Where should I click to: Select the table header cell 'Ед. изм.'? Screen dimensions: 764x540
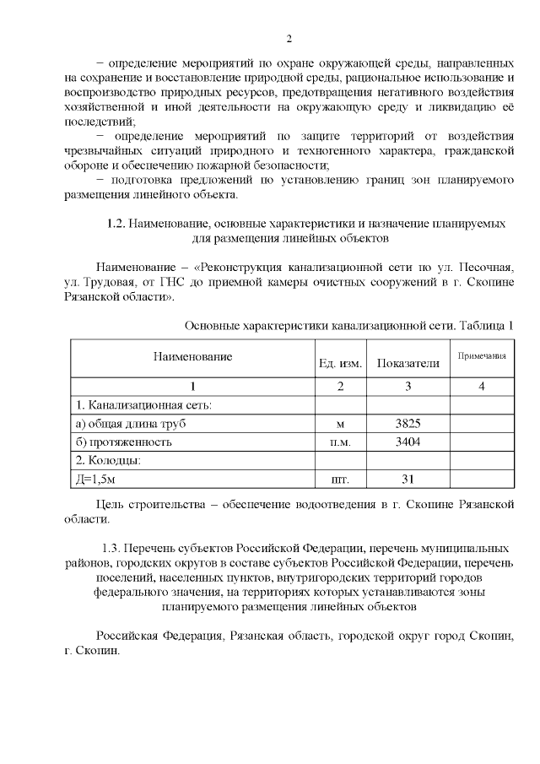click(340, 364)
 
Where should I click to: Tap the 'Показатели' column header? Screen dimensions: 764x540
click(408, 363)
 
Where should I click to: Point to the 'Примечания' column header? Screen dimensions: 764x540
click(481, 356)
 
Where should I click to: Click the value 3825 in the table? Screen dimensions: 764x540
click(408, 423)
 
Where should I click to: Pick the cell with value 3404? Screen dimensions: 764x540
click(408, 442)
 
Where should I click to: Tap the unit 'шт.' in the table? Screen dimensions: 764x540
click(340, 480)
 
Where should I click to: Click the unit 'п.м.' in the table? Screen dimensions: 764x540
click(340, 442)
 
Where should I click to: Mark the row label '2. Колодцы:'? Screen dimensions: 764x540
click(108, 460)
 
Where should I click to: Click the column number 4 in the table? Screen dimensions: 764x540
click(481, 386)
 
